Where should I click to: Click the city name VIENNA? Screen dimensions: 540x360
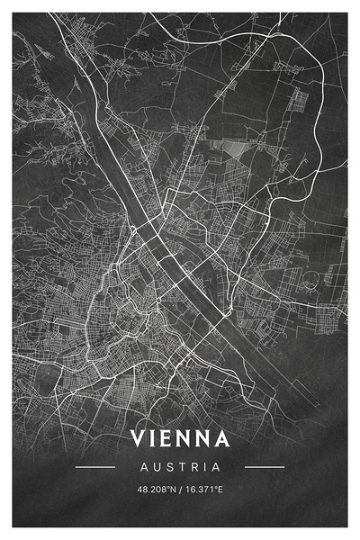180,438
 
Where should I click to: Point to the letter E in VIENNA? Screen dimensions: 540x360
171,438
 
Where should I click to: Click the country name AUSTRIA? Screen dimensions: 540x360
180,467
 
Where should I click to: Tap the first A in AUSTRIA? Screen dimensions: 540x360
144,467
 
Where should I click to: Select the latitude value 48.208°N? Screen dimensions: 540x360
155,490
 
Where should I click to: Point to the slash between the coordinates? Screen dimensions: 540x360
180,490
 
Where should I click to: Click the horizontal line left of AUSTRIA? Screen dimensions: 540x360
95,467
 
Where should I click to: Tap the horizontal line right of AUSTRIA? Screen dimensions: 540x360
265,467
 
